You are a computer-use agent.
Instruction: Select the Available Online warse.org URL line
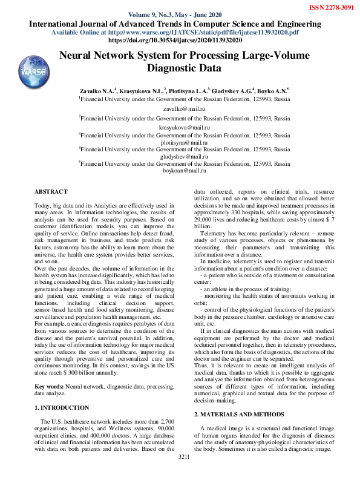pyautogui.click(x=175, y=32)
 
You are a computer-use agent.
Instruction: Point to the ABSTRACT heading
pyautogui.click(x=51, y=192)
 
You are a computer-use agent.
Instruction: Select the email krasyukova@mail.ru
pyautogui.click(x=184, y=128)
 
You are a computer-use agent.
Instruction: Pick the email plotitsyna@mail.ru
pyautogui.click(x=185, y=142)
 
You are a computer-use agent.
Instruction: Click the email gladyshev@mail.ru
pyautogui.click(x=185, y=157)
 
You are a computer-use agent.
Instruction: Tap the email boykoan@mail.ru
pyautogui.click(x=185, y=171)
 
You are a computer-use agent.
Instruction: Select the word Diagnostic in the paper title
pyautogui.click(x=185, y=68)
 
